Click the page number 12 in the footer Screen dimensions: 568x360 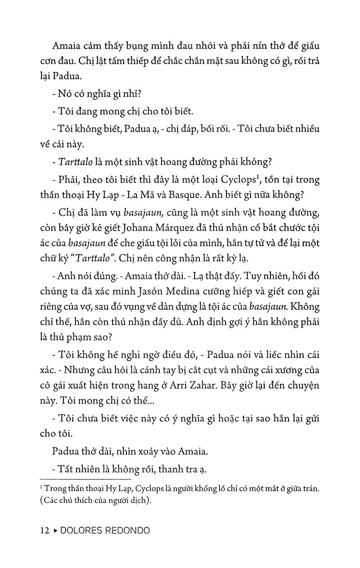pyautogui.click(x=44, y=530)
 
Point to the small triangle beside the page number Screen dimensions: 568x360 pyautogui.click(x=55, y=530)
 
